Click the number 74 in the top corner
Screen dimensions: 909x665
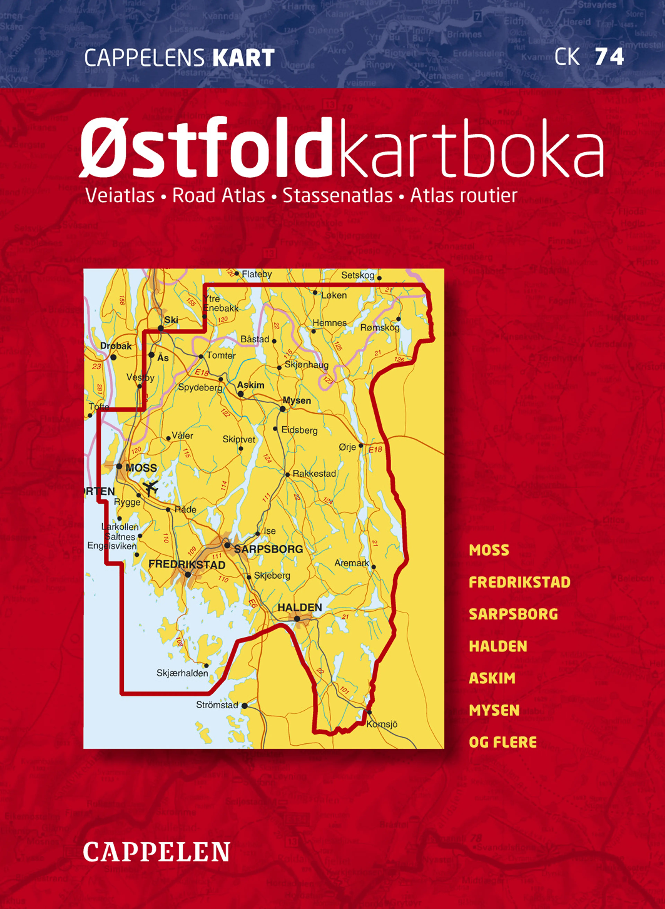[x=609, y=57]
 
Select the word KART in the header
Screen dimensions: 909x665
[x=243, y=58]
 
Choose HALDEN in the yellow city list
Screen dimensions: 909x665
[x=498, y=646]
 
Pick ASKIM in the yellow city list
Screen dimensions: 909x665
[x=492, y=678]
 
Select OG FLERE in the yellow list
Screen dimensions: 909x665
[x=503, y=742]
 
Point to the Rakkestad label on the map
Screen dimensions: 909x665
[x=314, y=473]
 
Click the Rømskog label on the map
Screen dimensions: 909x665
[x=380, y=328]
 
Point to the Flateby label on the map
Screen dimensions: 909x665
[x=257, y=274]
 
